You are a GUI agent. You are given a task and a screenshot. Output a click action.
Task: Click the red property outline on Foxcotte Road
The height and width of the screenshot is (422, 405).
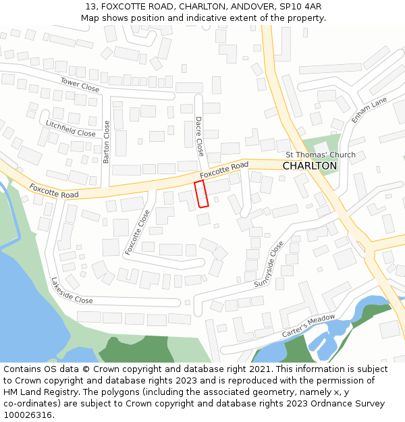[201, 194]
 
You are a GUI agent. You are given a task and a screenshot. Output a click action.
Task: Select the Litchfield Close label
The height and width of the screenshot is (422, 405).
[71, 129]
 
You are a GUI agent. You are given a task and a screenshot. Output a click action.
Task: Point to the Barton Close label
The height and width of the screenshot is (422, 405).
[106, 142]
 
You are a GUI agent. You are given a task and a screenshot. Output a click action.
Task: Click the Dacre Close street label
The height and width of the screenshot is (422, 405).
[199, 136]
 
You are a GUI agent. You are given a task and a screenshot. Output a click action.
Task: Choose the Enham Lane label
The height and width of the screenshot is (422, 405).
[369, 109]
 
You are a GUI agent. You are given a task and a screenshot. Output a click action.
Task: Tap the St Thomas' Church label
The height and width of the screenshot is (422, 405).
[320, 155]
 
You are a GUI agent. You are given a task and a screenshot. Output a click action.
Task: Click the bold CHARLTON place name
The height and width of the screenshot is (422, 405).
[309, 166]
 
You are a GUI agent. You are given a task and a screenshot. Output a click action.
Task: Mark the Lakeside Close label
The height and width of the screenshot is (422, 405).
[72, 290]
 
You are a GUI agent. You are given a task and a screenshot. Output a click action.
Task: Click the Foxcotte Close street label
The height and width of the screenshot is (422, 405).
[138, 232]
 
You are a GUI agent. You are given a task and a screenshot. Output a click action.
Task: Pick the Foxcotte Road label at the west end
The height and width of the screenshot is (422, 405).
[53, 191]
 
